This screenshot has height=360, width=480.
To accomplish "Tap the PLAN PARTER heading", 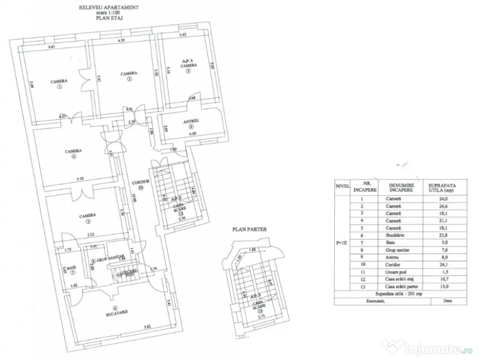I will [249, 229].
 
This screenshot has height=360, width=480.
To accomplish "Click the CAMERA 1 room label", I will [59, 82].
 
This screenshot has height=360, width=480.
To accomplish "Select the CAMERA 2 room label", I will [128, 74].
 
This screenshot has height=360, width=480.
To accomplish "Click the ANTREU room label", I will [192, 121].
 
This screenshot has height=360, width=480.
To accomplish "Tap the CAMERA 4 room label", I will [74, 151].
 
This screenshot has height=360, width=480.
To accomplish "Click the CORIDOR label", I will [141, 181].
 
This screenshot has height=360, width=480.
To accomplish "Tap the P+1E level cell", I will [342, 243].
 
